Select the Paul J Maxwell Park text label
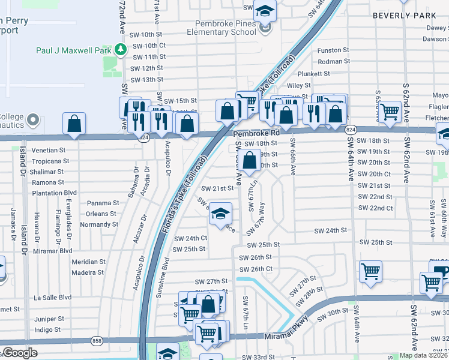click(74, 51)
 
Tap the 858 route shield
click(97, 341)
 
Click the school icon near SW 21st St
click(220, 214)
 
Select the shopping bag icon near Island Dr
click(74, 125)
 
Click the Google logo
click(20, 353)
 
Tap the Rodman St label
click(330, 61)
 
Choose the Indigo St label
click(48, 313)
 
